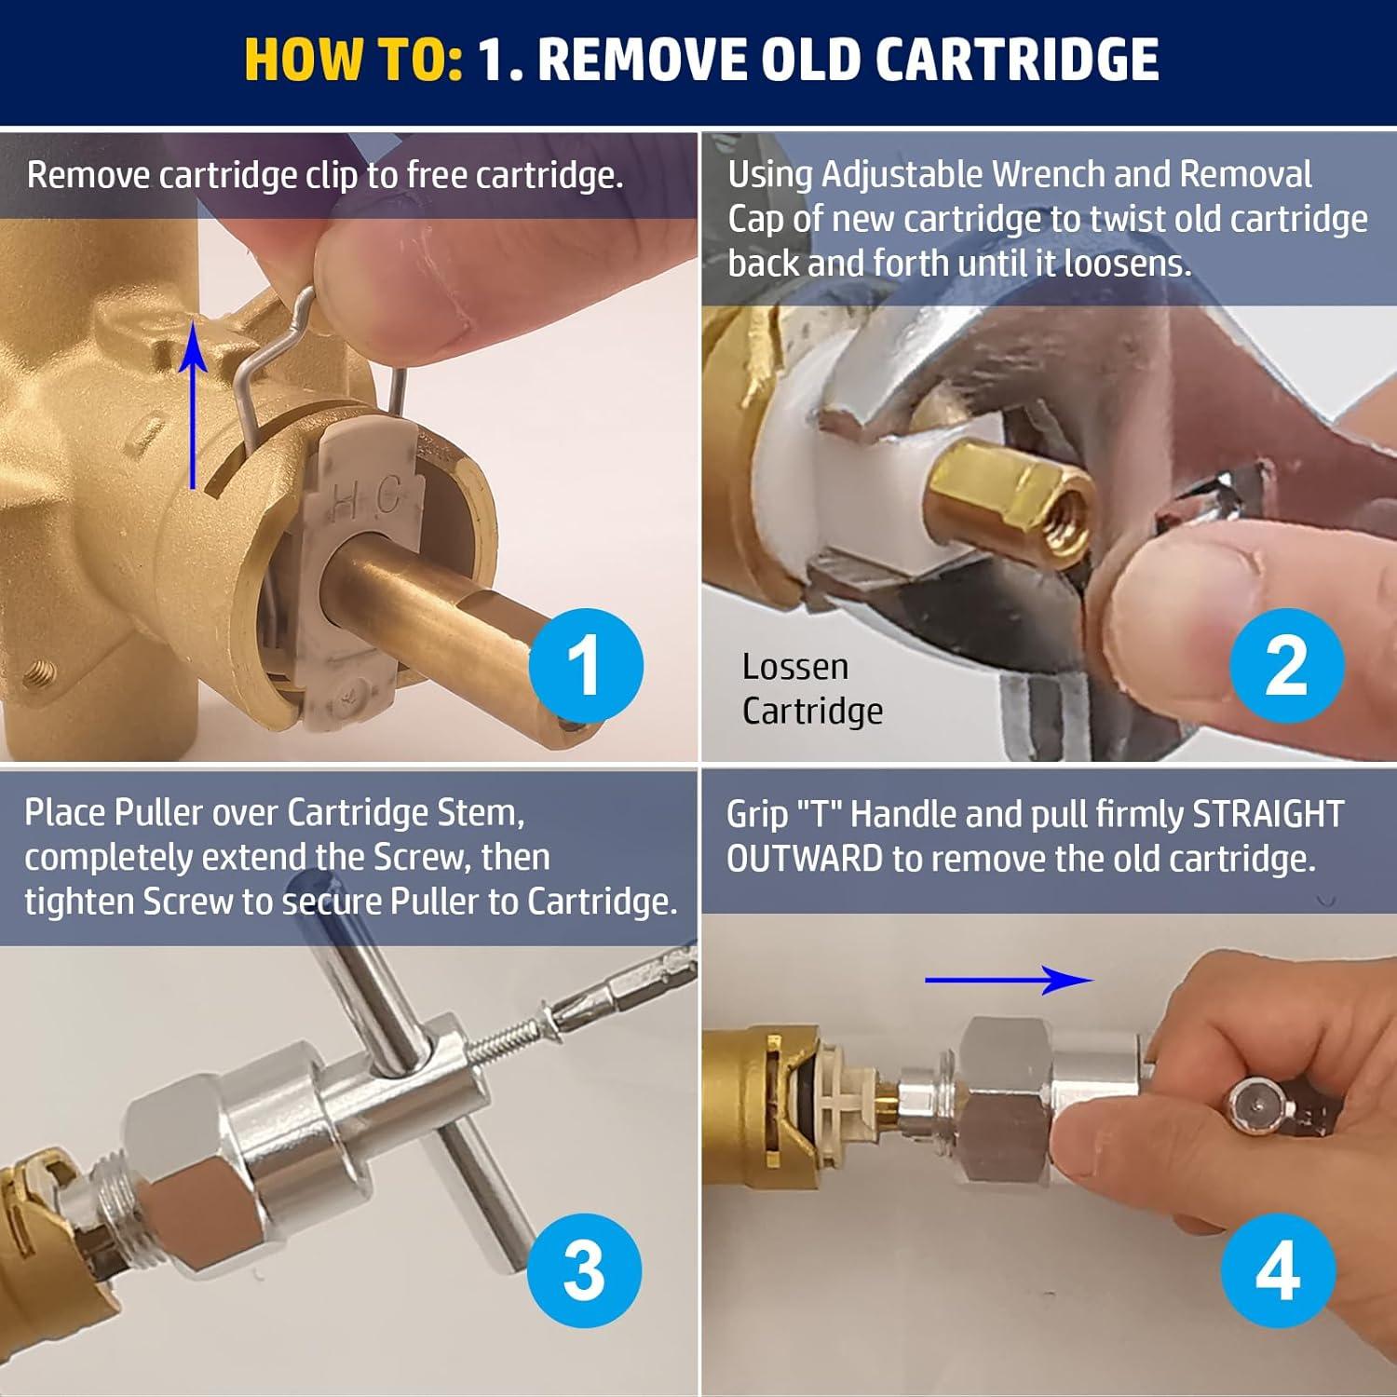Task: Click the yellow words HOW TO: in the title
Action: tap(353, 60)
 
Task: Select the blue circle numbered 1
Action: tap(585, 665)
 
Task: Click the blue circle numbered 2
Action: tap(1286, 665)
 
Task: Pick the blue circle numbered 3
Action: tap(584, 1270)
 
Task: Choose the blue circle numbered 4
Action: tap(1278, 1270)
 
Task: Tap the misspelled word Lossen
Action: tap(794, 667)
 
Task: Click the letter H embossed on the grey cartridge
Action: tap(344, 505)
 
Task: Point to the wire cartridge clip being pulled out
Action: tap(279, 354)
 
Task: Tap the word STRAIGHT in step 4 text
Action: tap(1268, 814)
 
